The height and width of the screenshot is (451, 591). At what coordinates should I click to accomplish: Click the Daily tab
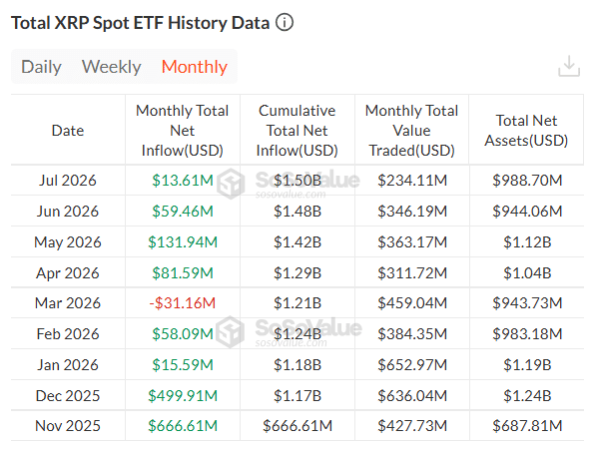(41, 67)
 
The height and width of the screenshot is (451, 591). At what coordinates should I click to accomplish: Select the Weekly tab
(111, 67)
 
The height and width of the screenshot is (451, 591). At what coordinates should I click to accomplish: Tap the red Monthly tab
(194, 67)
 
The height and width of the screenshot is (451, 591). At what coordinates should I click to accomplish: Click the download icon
(569, 66)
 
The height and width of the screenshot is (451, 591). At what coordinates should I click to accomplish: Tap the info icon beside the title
(285, 22)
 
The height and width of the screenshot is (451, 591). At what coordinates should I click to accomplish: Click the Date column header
(68, 131)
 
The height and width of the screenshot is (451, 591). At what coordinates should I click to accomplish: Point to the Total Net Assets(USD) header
(526, 131)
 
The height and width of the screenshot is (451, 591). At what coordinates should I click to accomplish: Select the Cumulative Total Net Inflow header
(297, 131)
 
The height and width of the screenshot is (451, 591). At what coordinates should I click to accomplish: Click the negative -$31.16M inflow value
(183, 303)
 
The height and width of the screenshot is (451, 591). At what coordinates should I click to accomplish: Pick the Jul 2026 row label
(68, 180)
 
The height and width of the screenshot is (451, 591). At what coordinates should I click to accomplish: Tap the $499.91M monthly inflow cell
(183, 395)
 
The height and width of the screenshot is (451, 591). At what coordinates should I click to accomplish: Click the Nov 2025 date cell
(68, 426)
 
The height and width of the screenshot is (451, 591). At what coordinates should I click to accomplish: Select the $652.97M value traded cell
(412, 365)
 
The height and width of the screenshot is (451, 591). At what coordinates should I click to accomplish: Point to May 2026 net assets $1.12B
(527, 241)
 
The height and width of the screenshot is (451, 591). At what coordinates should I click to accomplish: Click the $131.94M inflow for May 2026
(183, 241)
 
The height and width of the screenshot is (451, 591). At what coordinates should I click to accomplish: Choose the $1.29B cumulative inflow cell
(297, 272)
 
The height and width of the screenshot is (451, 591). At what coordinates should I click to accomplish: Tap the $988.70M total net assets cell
(527, 180)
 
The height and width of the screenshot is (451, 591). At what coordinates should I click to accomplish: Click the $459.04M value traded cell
(412, 303)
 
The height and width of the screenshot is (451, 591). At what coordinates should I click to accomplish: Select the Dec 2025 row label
(68, 395)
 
